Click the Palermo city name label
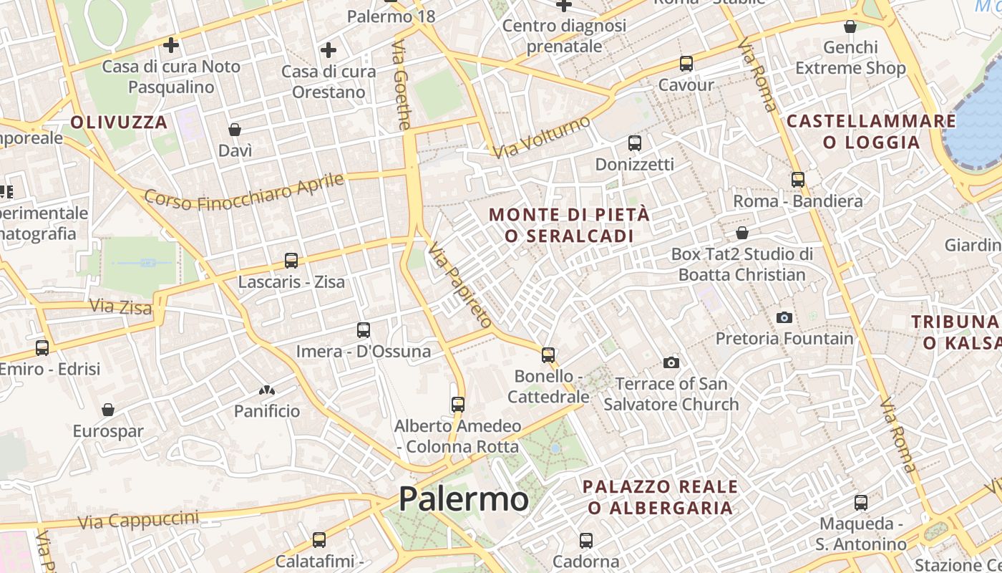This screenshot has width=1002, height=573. [x=464, y=499]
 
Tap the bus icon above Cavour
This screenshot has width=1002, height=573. [x=686, y=64]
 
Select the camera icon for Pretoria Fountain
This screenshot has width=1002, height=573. [x=784, y=317]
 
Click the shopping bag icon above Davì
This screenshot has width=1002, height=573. [x=235, y=130]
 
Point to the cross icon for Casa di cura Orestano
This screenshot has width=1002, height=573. [x=329, y=50]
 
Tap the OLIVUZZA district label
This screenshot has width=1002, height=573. [x=119, y=122]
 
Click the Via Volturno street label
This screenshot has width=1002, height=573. [x=541, y=137]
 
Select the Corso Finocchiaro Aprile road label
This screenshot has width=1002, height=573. [x=244, y=191]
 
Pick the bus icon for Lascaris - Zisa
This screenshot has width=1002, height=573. [x=291, y=261]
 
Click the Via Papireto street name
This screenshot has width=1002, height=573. [x=460, y=285]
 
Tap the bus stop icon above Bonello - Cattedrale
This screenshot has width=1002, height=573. [x=548, y=355]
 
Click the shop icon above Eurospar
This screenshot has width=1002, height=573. [x=108, y=410]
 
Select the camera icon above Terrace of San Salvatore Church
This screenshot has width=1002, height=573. [x=671, y=362]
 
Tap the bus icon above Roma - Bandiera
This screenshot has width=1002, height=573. [x=798, y=180]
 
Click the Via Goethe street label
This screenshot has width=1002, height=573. [x=402, y=85]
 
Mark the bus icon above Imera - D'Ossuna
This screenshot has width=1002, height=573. [x=364, y=330]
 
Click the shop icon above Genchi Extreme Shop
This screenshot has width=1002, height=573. [x=850, y=27]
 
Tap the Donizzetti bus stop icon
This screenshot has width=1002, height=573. [x=635, y=143]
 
